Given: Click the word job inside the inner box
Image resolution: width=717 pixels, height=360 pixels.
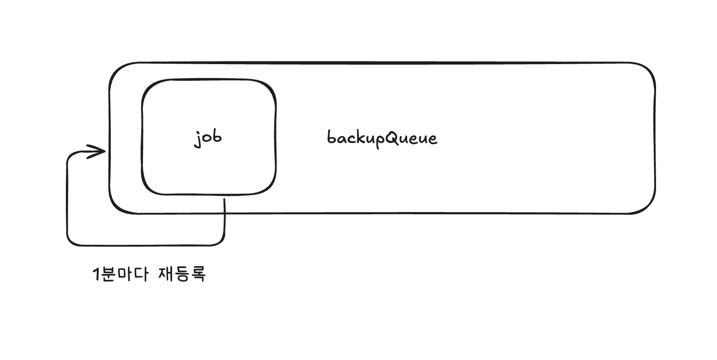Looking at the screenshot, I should (208, 138).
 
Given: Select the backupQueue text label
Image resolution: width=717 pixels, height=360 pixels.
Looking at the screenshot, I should (382, 138).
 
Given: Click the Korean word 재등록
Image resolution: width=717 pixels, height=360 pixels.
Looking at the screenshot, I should (182, 274).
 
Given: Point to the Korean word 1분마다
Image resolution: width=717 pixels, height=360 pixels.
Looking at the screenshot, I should (120, 274).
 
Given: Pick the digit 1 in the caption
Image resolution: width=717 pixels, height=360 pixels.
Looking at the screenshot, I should (96, 274).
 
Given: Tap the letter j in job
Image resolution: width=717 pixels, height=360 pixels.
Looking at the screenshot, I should (198, 139).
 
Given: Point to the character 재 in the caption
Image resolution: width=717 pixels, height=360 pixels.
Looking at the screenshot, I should (166, 274).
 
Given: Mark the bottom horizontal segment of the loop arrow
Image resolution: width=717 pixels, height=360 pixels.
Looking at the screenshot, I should (146, 245).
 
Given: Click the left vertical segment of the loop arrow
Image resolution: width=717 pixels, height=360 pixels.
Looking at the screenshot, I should (67, 197).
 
